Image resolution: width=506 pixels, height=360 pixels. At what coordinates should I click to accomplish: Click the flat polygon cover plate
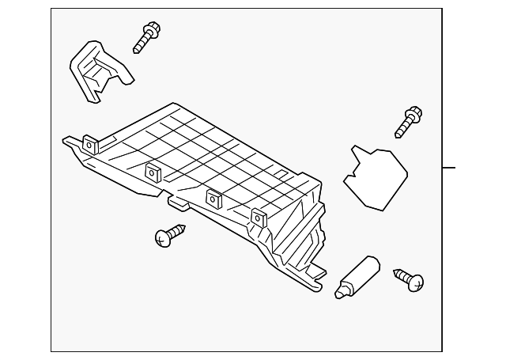tap(375, 177)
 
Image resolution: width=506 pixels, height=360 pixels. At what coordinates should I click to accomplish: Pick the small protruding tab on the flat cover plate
tap(353, 151)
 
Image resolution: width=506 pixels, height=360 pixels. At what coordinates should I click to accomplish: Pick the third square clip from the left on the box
tap(213, 197)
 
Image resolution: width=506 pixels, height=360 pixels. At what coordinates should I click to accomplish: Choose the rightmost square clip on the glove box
tap(258, 218)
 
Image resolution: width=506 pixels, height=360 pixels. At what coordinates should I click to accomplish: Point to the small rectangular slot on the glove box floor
tap(280, 173)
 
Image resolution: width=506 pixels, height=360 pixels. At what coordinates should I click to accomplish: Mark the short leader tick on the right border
tap(449, 168)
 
